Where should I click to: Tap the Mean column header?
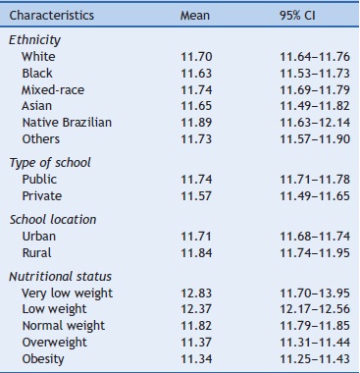click(x=195, y=17)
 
